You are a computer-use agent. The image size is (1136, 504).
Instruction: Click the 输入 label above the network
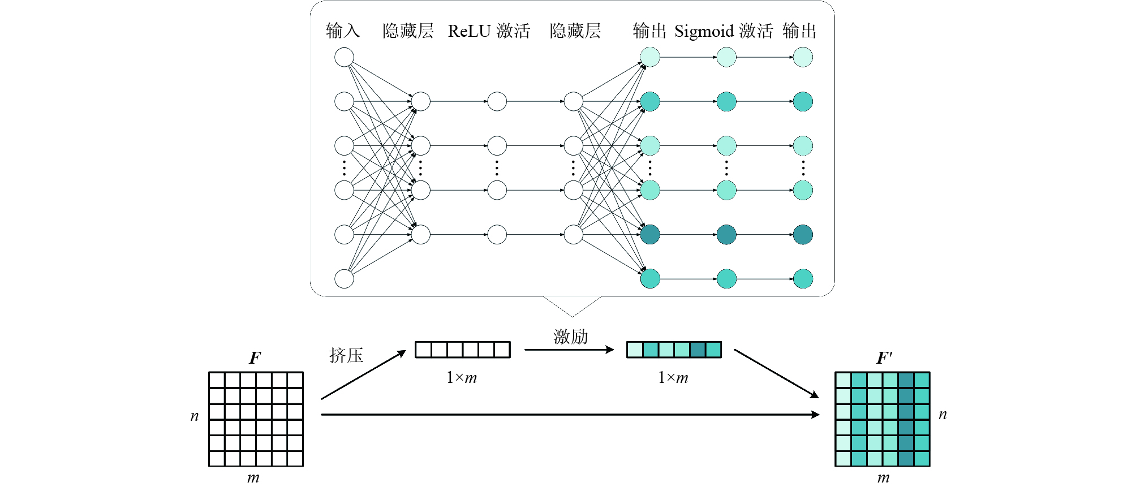tap(343, 31)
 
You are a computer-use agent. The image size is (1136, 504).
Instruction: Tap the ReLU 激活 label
tap(489, 31)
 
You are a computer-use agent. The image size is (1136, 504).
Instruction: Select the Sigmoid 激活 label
tap(724, 31)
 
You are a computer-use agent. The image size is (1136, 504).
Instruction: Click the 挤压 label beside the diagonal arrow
tap(346, 355)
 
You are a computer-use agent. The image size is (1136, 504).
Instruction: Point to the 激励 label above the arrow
tap(570, 337)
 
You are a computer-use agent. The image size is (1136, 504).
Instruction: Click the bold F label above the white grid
tap(255, 358)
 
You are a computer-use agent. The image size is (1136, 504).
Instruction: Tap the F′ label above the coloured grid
tap(884, 358)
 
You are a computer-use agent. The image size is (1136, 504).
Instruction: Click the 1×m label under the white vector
tap(462, 377)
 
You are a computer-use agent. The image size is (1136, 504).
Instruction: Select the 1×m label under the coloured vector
tap(673, 377)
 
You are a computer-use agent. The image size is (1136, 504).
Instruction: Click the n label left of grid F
tap(195, 416)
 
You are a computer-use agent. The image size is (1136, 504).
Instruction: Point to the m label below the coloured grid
tap(883, 479)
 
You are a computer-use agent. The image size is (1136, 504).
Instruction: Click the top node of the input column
tap(344, 57)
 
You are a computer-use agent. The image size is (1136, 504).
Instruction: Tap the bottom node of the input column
tap(344, 279)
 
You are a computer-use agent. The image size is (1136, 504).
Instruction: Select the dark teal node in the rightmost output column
tap(803, 234)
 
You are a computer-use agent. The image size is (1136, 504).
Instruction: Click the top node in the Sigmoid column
tap(726, 57)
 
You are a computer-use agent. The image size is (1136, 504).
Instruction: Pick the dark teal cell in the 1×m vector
tap(698, 350)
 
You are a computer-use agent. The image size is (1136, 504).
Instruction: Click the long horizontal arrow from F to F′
tap(570, 415)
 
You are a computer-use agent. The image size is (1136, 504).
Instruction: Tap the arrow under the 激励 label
tap(569, 350)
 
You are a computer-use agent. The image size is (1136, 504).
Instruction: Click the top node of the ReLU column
tap(497, 101)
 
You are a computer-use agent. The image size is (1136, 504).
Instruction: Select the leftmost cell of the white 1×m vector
tap(424, 350)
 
